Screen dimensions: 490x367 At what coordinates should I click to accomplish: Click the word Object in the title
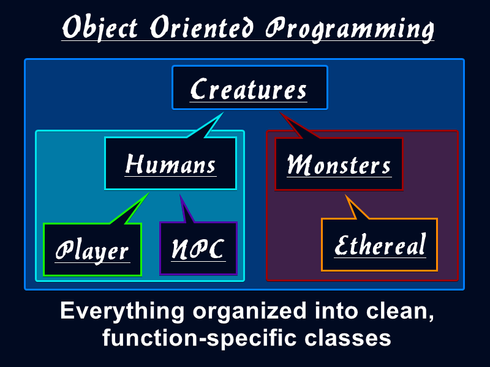[x=100, y=28]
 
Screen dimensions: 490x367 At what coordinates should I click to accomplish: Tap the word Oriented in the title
[x=202, y=27]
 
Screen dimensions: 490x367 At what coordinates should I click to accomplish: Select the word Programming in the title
[x=350, y=29]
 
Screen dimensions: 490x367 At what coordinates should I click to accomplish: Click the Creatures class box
[x=250, y=87]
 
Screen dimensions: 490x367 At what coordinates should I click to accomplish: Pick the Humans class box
[x=170, y=163]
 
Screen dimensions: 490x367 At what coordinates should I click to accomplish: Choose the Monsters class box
[x=339, y=164]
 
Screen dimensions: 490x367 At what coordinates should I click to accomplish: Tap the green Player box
[x=92, y=250]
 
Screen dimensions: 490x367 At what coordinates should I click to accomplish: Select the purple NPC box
[x=198, y=248]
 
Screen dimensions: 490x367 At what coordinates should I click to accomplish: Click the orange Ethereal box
[x=379, y=245]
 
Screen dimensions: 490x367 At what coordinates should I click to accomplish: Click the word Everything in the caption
[x=122, y=312]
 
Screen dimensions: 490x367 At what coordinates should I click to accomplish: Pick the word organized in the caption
[x=249, y=312]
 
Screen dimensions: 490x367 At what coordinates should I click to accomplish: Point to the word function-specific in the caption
[x=200, y=338]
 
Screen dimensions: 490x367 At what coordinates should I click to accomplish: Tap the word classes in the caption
[x=347, y=338]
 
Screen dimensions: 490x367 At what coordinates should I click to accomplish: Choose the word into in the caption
[x=336, y=311]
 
